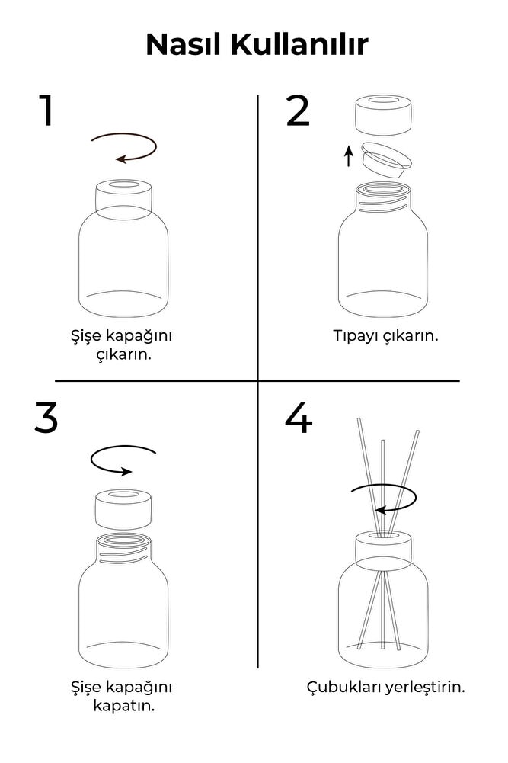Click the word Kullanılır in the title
tap(299, 45)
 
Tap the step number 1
tap(47, 111)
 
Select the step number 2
tap(298, 111)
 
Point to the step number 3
tap(46, 418)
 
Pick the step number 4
tap(298, 418)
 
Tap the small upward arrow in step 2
tap(349, 155)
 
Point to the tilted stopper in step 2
tap(386, 159)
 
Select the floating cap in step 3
tap(123, 509)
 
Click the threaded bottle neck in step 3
tap(123, 550)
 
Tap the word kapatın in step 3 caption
tap(123, 705)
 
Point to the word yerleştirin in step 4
tap(425, 687)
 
